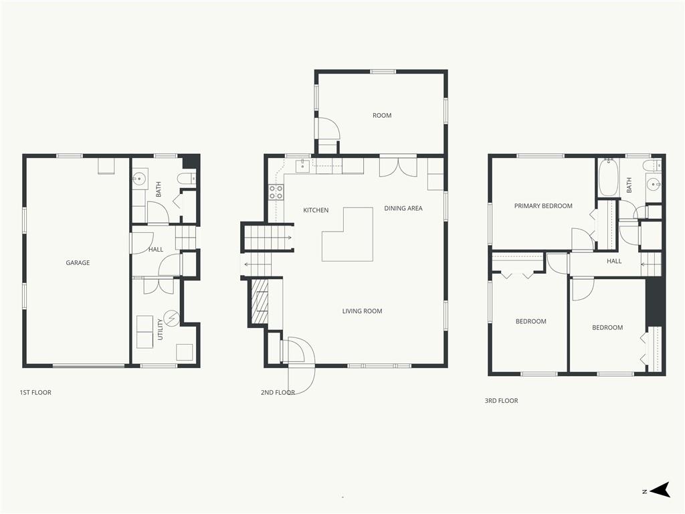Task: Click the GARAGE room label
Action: [78, 262]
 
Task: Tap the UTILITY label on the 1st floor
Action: [160, 329]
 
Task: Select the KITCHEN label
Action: [316, 210]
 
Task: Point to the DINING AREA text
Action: [403, 209]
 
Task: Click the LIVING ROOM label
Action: [362, 311]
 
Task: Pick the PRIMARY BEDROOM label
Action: [543, 206]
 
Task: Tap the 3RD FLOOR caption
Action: [501, 400]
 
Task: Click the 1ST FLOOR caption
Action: [35, 392]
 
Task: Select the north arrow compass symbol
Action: [660, 490]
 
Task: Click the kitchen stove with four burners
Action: [276, 192]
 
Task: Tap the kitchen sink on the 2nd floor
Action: [303, 166]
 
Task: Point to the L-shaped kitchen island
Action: [347, 234]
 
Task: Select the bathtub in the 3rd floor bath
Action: [607, 177]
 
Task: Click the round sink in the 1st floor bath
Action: [139, 179]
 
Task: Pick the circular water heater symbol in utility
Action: [171, 317]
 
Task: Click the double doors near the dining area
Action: [398, 167]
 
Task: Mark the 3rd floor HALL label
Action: [614, 262]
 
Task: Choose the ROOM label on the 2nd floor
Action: [382, 115]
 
